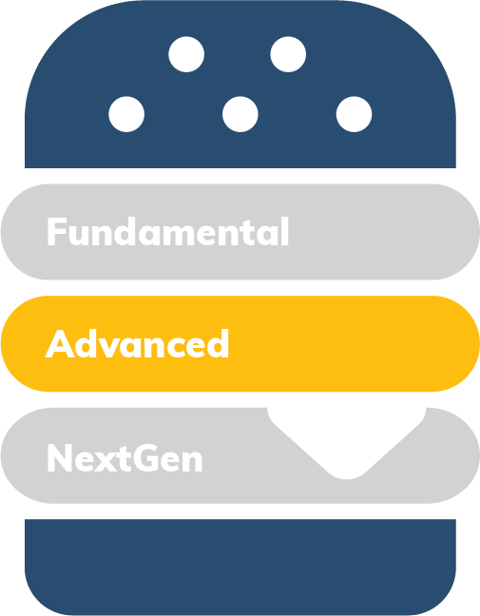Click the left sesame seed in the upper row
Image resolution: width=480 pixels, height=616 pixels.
click(x=186, y=54)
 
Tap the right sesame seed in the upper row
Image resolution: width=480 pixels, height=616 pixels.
click(x=288, y=54)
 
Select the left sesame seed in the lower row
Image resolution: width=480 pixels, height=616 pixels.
click(x=126, y=114)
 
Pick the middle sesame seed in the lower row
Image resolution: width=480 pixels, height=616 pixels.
click(x=240, y=114)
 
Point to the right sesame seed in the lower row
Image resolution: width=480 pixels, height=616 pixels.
click(x=354, y=114)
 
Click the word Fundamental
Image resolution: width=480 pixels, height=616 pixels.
click(x=168, y=231)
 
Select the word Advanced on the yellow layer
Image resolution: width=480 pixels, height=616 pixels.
click(x=137, y=343)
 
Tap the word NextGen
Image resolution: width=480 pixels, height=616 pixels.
click(x=125, y=457)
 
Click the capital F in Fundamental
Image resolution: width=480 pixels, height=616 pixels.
click(x=57, y=232)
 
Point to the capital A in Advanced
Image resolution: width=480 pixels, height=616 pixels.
click(x=60, y=344)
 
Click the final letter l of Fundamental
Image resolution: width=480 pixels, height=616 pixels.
click(x=285, y=231)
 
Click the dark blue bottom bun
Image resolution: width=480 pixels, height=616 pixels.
click(x=240, y=567)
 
